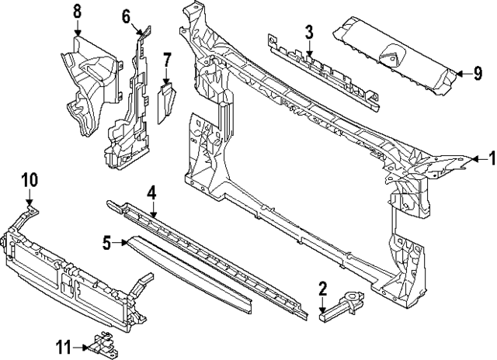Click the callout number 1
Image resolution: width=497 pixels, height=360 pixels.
click(490, 160)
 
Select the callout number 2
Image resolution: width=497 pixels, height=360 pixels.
click(322, 290)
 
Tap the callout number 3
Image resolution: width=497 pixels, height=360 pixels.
click(308, 32)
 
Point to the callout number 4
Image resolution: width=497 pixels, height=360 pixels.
click(152, 192)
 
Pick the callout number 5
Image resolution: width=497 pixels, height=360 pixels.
click(107, 244)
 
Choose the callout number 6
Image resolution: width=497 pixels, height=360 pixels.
click(127, 16)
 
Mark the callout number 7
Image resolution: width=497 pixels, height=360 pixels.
click(167, 58)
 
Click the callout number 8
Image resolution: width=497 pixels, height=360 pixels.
click(77, 11)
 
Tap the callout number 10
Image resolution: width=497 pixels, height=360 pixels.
click(29, 180)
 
